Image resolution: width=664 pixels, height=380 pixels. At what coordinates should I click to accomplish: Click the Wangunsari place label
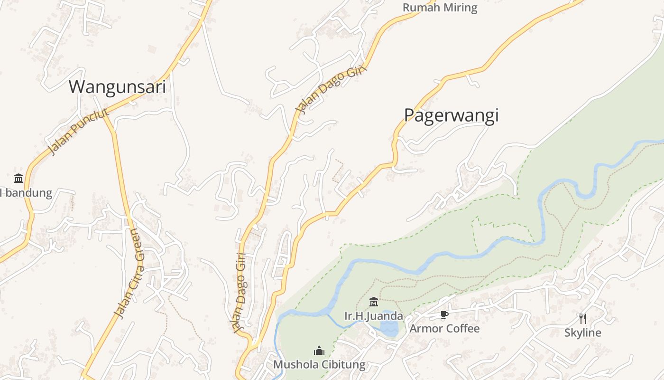117,87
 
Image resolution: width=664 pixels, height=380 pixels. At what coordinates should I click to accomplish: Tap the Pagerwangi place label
451,115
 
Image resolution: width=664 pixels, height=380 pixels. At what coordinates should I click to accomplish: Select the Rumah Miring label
440,8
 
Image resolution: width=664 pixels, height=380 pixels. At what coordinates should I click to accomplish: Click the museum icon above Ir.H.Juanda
374,302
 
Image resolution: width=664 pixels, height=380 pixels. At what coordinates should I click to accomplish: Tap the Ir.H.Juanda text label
374,316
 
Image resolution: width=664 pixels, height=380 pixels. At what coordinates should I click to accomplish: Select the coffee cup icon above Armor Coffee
444,314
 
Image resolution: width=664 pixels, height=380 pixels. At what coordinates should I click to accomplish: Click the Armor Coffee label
444,328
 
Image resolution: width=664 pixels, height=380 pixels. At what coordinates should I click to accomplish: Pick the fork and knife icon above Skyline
583,319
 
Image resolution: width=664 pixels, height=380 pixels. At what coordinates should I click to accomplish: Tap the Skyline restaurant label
582,332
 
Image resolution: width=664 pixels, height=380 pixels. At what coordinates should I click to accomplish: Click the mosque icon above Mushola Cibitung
319,351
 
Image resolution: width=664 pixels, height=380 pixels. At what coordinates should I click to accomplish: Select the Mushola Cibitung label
319,365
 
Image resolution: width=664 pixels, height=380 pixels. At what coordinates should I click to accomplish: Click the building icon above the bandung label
18,179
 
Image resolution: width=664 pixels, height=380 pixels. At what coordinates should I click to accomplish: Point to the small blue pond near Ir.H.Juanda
389,328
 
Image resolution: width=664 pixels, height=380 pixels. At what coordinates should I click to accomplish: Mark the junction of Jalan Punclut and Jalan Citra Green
104,114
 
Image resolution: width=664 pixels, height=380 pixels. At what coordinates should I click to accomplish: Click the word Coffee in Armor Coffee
462,328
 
